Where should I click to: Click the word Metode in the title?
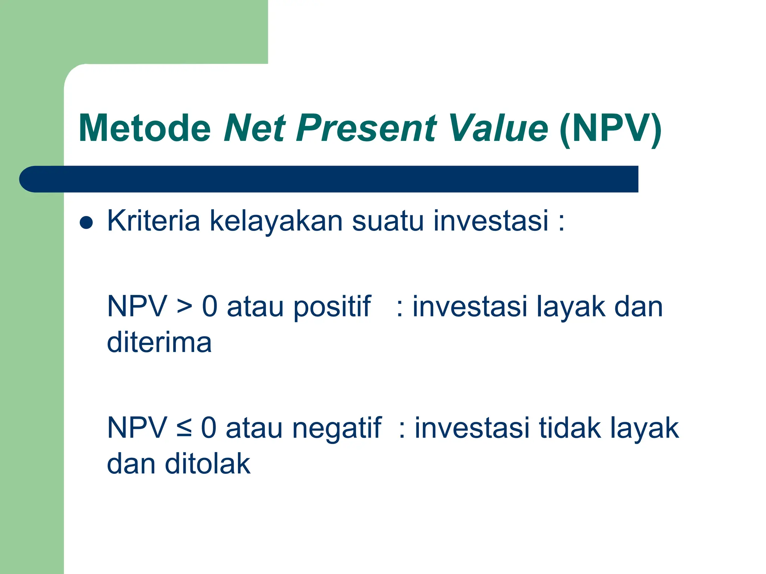[145, 128]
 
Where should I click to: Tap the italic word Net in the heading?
[255, 128]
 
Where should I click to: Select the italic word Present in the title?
[366, 128]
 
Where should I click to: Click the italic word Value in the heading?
[498, 128]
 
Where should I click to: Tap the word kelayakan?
[276, 221]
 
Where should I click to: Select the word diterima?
[159, 342]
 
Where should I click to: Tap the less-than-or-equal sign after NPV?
[184, 428]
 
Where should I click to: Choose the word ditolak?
[208, 464]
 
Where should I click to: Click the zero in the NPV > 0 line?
[210, 306]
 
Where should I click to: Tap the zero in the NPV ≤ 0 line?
[209, 428]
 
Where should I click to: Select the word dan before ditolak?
[131, 464]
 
